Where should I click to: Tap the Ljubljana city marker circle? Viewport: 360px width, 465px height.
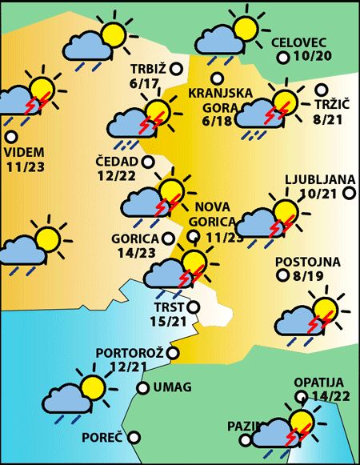coord(349,192)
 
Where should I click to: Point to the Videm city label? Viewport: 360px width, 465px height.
coord(24,152)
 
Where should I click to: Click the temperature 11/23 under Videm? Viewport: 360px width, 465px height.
coord(24,166)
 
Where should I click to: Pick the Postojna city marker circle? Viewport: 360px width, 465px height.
coord(282,276)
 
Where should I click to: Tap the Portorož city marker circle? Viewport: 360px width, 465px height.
coord(173,352)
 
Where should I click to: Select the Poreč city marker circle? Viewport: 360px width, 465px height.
coord(134,438)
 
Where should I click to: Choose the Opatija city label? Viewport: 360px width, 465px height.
coord(318,383)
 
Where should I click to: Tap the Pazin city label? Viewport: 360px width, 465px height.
coord(241,426)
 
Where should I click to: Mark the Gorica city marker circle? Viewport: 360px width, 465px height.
coord(167,238)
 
